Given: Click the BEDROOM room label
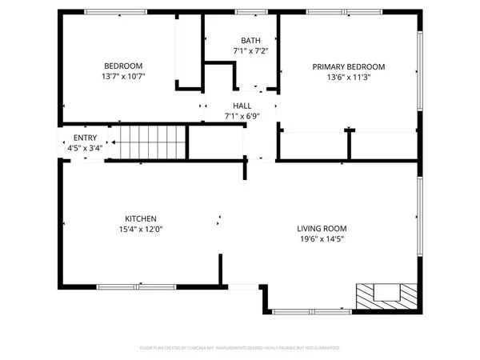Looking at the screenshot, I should (x=123, y=66).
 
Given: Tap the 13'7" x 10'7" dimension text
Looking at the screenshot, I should (x=123, y=77).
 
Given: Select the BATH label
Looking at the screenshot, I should (x=250, y=40).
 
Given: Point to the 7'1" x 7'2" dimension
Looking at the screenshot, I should (x=250, y=51).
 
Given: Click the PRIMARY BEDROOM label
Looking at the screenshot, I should (x=348, y=66).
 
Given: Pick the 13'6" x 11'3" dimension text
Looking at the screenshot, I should (x=348, y=78).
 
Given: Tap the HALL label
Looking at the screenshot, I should (x=242, y=106).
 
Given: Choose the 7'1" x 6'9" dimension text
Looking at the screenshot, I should (x=242, y=117).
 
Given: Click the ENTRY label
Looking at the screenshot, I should (x=85, y=138).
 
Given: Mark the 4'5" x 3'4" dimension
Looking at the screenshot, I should (x=85, y=148).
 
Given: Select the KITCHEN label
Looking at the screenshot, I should (x=140, y=218).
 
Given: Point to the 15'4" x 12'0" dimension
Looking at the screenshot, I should (x=140, y=230).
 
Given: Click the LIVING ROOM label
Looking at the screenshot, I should (x=324, y=228).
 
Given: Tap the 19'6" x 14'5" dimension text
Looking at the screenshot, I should (x=324, y=239).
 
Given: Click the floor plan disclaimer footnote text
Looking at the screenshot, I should (x=240, y=349).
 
